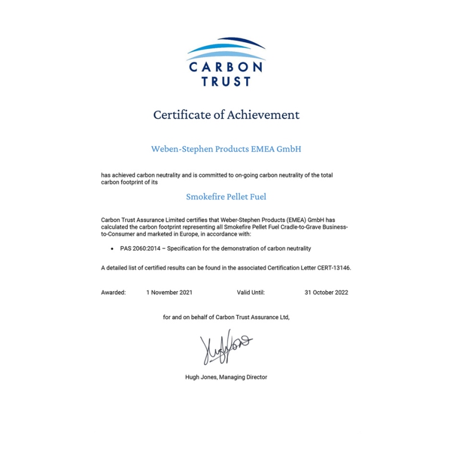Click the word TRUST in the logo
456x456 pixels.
(x=226, y=82)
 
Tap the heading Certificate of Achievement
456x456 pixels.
(x=226, y=115)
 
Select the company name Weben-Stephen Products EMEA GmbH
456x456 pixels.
(x=226, y=149)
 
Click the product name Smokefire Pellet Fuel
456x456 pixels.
(x=226, y=197)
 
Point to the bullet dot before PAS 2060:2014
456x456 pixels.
(x=112, y=249)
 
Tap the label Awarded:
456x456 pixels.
(x=113, y=292)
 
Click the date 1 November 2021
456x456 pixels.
(x=169, y=292)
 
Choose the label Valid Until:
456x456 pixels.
(x=251, y=292)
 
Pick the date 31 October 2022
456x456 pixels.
(x=326, y=292)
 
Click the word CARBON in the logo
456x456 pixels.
(x=226, y=67)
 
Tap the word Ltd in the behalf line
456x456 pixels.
(x=284, y=317)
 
